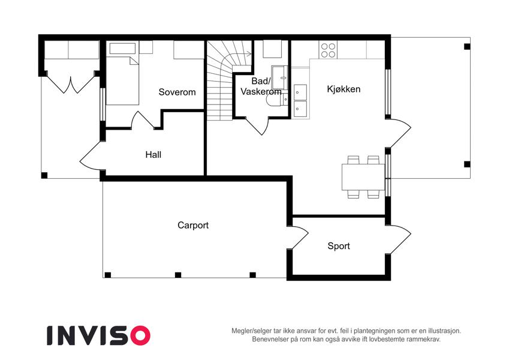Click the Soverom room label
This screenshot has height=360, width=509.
(x=177, y=92)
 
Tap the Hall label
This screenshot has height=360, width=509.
(x=153, y=154)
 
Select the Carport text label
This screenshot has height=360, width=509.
(x=193, y=225)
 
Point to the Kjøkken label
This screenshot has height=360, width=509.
(x=344, y=89)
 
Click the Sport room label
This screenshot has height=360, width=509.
(x=339, y=246)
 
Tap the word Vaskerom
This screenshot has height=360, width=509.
(x=261, y=92)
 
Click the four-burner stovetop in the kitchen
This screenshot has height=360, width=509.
(x=328, y=50)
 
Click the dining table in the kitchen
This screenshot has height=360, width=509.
(x=363, y=177)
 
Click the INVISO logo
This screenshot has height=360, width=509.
(x=99, y=335)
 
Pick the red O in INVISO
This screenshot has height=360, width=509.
(x=140, y=335)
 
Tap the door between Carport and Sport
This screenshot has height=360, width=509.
(x=298, y=238)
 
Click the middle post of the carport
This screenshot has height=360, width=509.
(x=178, y=275)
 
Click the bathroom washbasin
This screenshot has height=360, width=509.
(x=279, y=77)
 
